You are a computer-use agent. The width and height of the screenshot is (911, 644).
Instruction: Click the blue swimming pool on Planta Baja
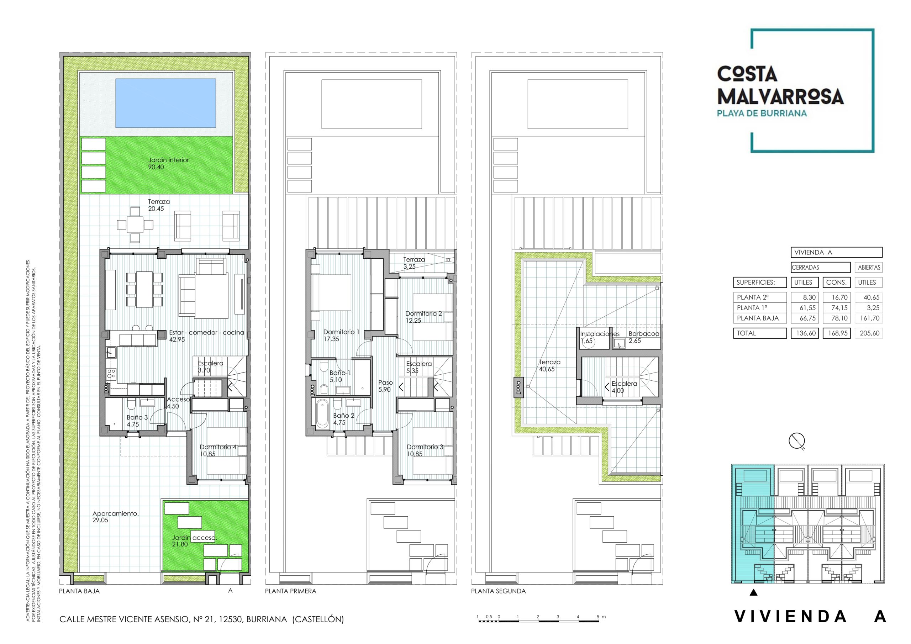[x=165, y=103]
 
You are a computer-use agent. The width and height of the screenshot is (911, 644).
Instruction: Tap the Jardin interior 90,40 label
[x=168, y=163]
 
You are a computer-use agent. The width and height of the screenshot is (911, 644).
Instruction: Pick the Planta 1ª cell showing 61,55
[x=806, y=307]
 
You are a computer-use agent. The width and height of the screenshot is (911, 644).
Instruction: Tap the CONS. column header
[x=836, y=283]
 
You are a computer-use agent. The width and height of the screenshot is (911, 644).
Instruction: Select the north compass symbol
[x=796, y=441]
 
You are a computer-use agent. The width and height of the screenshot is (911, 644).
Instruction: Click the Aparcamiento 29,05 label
[x=115, y=516]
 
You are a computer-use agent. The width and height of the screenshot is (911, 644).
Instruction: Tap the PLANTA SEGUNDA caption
[x=498, y=591]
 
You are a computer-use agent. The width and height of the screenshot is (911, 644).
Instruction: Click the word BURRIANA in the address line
[x=266, y=619]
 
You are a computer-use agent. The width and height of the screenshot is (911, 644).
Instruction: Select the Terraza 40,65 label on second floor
[x=549, y=365]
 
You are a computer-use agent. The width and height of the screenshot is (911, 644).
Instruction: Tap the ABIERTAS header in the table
[x=869, y=268]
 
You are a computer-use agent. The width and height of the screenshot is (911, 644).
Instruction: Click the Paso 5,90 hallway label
[x=385, y=386]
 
